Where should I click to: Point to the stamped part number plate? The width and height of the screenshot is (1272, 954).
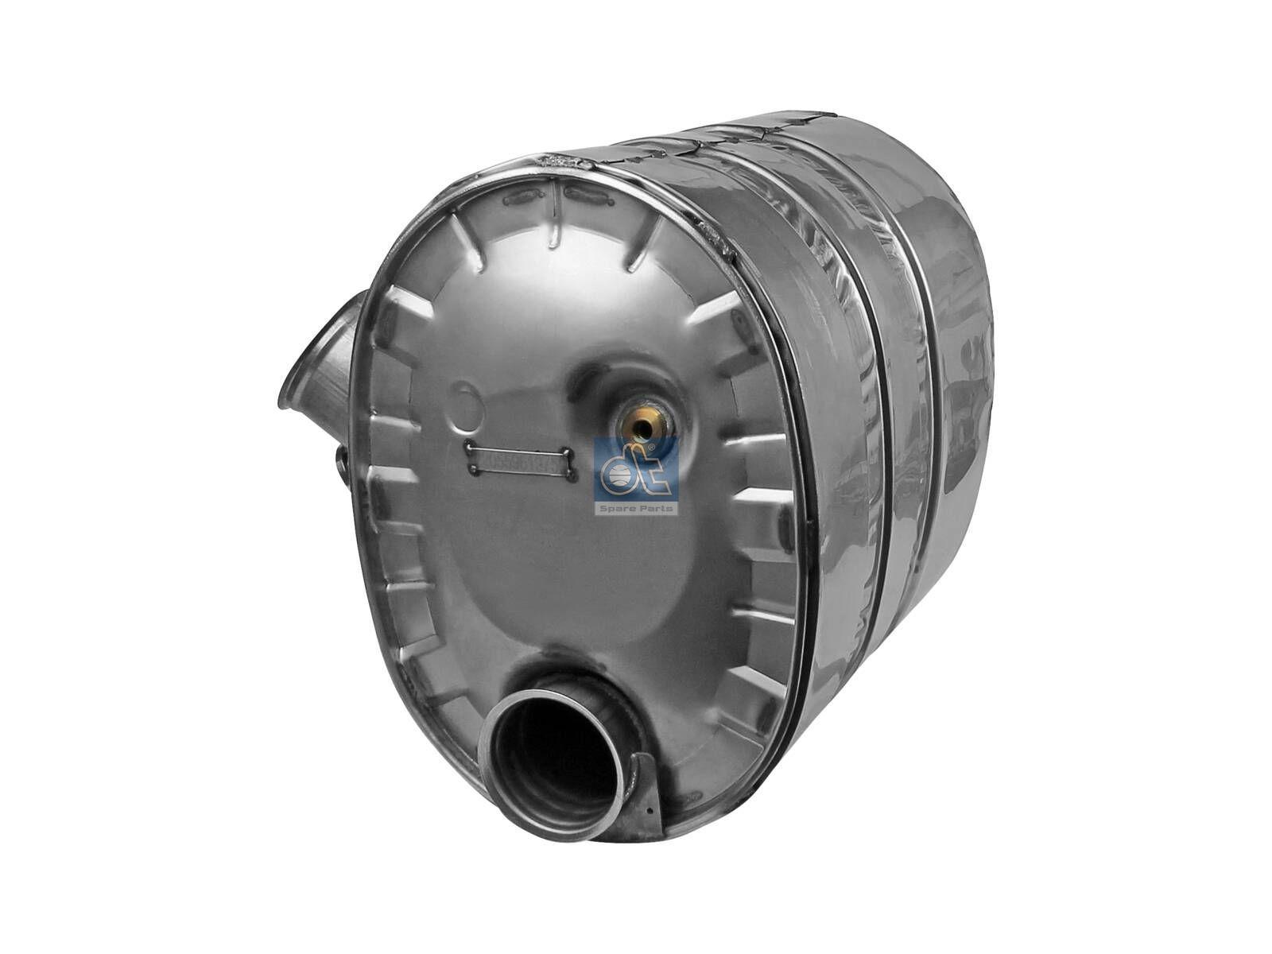pos(521,461)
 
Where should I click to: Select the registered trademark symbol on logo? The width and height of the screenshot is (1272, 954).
pos(653,450)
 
